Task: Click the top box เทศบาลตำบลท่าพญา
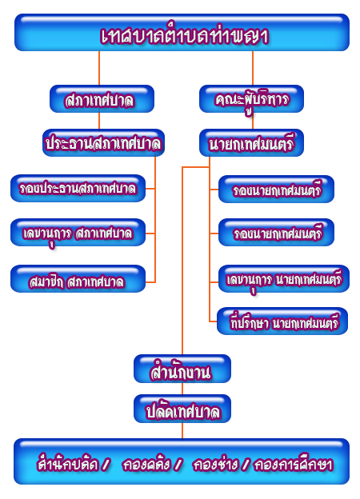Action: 182,33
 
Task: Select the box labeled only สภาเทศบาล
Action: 102,98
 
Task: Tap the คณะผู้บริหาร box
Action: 251,98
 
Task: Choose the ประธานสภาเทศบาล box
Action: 103,142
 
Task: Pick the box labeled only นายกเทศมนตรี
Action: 251,142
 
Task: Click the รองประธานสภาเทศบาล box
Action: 78,188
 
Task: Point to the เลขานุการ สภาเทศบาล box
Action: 78,233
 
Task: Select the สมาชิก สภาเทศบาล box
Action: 78,278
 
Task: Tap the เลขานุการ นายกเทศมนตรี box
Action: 284,278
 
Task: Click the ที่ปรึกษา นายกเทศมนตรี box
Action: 282,321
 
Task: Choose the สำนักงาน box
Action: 182,369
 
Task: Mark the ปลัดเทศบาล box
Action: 182,409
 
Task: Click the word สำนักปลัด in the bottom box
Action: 68,464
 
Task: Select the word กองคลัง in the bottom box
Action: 146,464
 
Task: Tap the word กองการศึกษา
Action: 293,464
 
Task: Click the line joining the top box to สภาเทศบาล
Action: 99,68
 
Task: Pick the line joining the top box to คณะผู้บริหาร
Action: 253,68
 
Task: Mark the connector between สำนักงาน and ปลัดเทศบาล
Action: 182,389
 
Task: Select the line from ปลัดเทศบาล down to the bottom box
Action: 182,430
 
